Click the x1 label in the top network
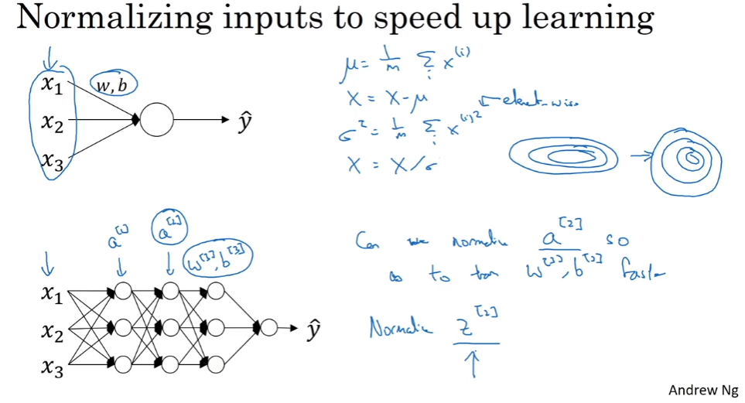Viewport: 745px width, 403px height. tap(53, 85)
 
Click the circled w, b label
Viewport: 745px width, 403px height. tap(113, 85)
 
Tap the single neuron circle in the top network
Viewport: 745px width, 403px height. tap(156, 120)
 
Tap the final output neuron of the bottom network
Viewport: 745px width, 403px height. tap(268, 328)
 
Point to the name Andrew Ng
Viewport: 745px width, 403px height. tap(701, 389)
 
